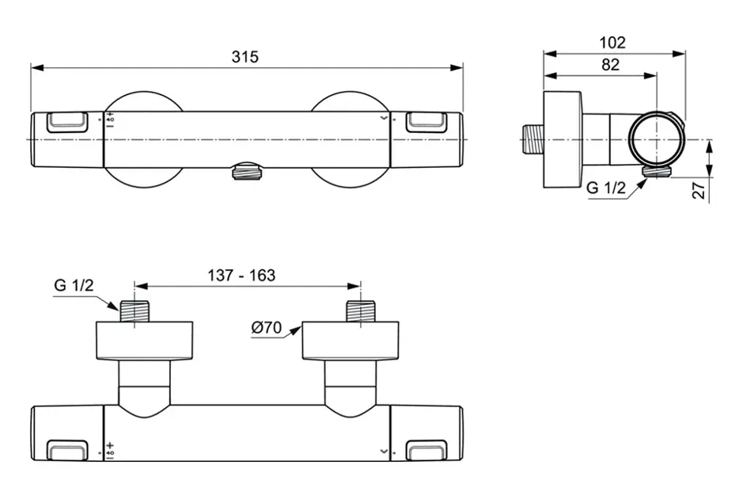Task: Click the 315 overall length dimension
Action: [245, 57]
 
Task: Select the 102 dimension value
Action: [612, 43]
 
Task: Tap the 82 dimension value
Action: [610, 66]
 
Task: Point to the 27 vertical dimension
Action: [699, 189]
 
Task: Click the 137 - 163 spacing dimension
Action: [241, 275]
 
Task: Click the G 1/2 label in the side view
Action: [605, 188]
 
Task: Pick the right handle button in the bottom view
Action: [426, 451]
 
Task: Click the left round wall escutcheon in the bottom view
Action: [144, 340]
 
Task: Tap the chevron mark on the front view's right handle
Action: [385, 118]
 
